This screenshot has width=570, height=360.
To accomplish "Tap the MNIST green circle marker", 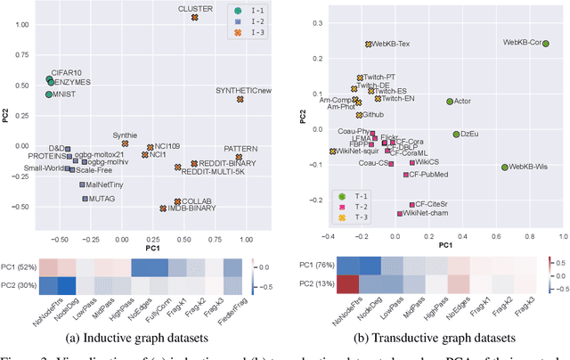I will click(x=49, y=94).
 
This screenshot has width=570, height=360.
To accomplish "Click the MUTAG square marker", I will click(x=85, y=199).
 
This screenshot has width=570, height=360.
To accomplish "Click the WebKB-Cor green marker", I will click(x=545, y=42).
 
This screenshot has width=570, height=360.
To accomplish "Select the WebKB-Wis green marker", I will click(x=504, y=167).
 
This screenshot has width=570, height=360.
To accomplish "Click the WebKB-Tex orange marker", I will click(x=368, y=44).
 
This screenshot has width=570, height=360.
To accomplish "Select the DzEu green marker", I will click(x=455, y=134).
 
